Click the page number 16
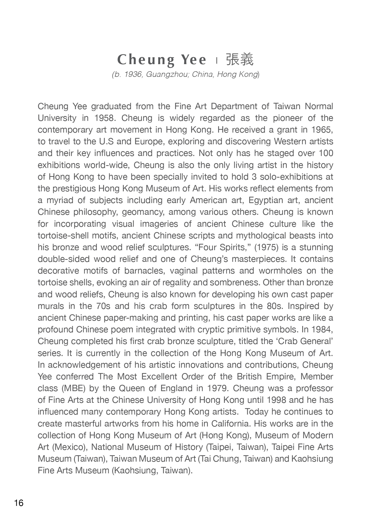(19, 503)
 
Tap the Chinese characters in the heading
(240, 60)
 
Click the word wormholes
(280, 271)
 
